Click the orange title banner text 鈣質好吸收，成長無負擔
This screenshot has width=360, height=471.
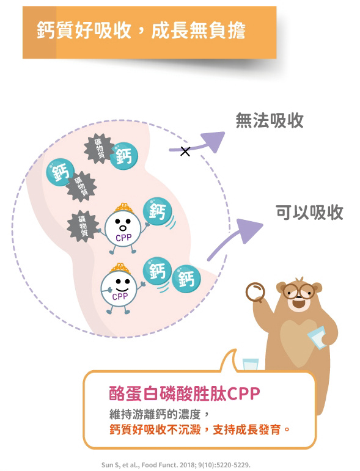point(141,31)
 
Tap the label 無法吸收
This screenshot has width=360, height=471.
point(270,121)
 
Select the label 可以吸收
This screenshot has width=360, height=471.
point(309,213)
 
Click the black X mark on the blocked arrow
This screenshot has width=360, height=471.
point(185,152)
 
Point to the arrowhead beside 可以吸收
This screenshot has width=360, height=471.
point(249,230)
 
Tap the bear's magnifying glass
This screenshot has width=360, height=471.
point(255,292)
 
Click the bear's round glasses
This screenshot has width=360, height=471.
point(299,291)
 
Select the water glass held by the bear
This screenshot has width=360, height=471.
point(317,337)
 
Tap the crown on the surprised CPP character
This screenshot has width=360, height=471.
point(124,208)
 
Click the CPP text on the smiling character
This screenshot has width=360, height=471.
point(120,297)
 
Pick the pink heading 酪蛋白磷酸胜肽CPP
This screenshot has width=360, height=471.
point(184,393)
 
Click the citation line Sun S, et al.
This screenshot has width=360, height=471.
point(176,465)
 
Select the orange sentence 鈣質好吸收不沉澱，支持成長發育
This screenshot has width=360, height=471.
point(199,429)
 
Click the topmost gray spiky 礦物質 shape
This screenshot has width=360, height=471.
point(98,148)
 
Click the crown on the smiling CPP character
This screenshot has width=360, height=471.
point(120,268)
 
